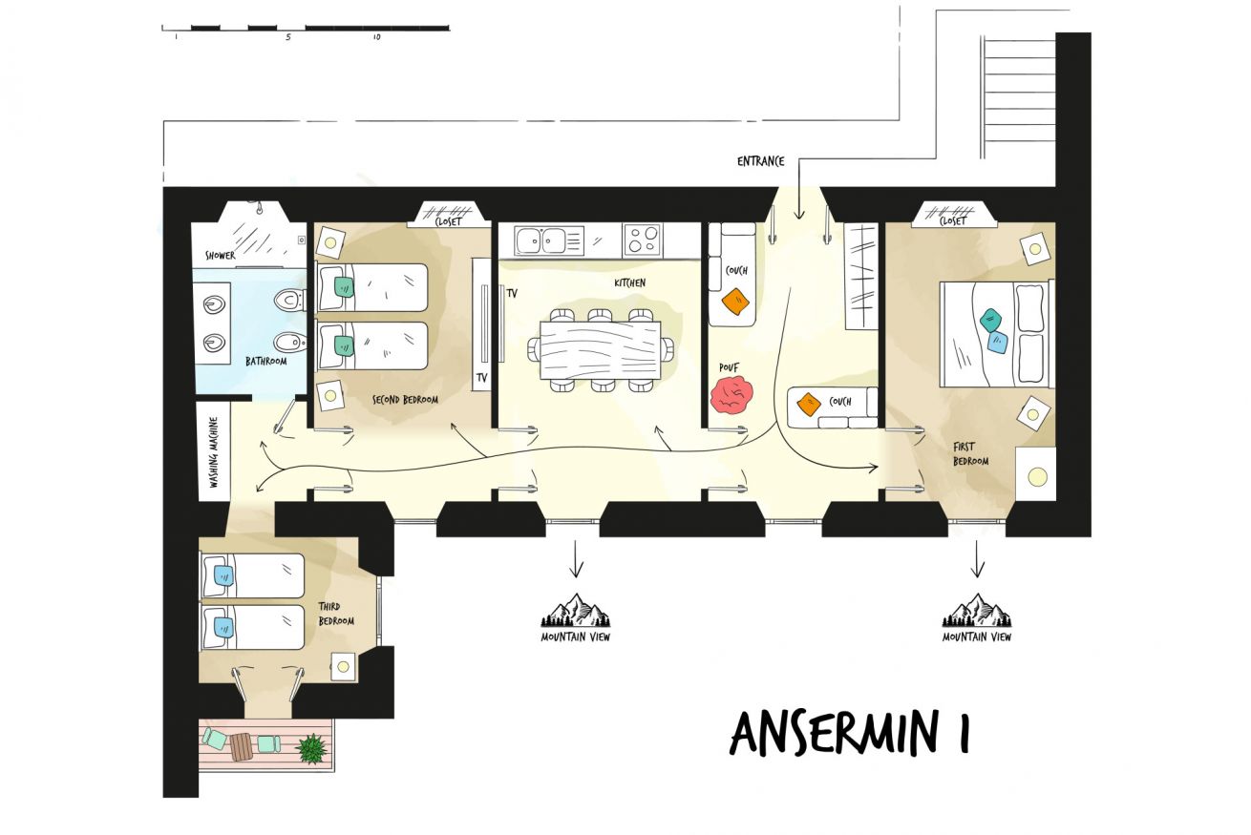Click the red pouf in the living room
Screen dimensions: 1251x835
point(732,395)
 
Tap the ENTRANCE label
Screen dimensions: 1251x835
point(760,161)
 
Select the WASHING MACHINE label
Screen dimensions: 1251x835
point(213,452)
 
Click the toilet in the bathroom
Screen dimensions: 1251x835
point(290,301)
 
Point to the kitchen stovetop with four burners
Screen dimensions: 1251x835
point(643,239)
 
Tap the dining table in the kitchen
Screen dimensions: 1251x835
point(600,349)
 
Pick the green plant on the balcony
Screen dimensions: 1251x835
point(312,748)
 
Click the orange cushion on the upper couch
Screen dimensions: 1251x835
point(735,302)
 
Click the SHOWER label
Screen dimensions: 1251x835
point(220,256)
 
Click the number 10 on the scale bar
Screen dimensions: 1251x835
point(377,37)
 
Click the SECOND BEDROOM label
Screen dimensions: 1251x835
point(405,400)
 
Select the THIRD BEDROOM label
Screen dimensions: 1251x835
point(335,614)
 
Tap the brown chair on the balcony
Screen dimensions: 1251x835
point(242,747)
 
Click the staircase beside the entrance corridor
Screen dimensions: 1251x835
point(1018,96)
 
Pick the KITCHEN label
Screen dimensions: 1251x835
point(630,283)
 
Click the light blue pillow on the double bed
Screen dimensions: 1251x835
point(997,343)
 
